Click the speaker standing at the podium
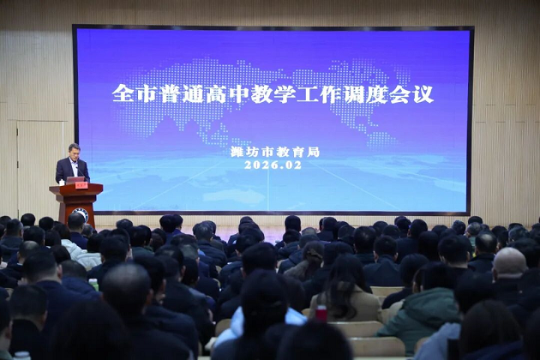click(x=73, y=165)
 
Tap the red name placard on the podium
click(x=81, y=184)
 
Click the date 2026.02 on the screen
click(x=273, y=165)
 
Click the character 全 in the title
click(x=122, y=93)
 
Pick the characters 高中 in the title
click(x=213, y=93)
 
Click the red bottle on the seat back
click(x=321, y=312)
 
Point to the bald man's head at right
click(x=509, y=261)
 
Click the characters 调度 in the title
click(x=366, y=93)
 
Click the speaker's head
click(x=74, y=149)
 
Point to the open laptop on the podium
click(x=75, y=180)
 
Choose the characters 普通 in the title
click(x=165, y=93)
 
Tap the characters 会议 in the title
click(x=413, y=93)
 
